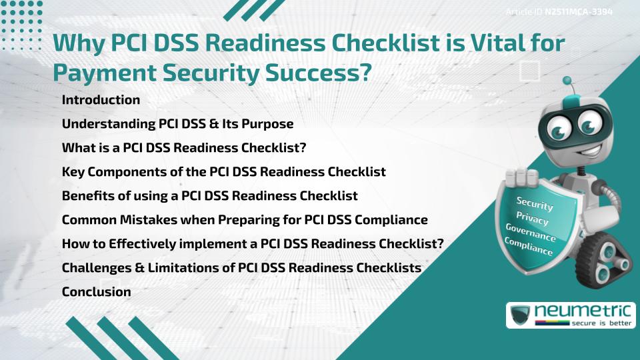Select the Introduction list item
click(101, 100)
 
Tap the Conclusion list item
click(96, 292)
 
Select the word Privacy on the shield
click(533, 218)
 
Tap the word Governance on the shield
click(531, 233)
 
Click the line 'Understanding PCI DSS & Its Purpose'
click(177, 124)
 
